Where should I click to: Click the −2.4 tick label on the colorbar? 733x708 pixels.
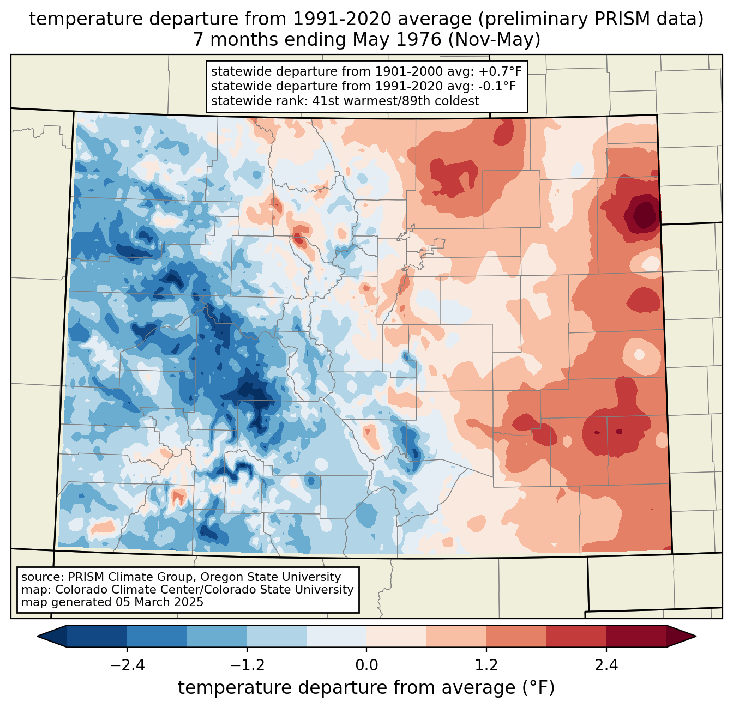point(127,665)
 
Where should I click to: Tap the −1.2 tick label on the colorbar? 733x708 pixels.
point(247,665)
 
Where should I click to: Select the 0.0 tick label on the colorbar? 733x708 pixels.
point(366,665)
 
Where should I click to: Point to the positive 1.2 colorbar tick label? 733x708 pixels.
point(486,665)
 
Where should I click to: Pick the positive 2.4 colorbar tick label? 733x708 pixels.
point(606,665)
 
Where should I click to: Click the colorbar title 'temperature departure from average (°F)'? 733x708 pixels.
point(366,688)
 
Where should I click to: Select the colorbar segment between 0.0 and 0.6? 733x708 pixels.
point(396,636)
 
